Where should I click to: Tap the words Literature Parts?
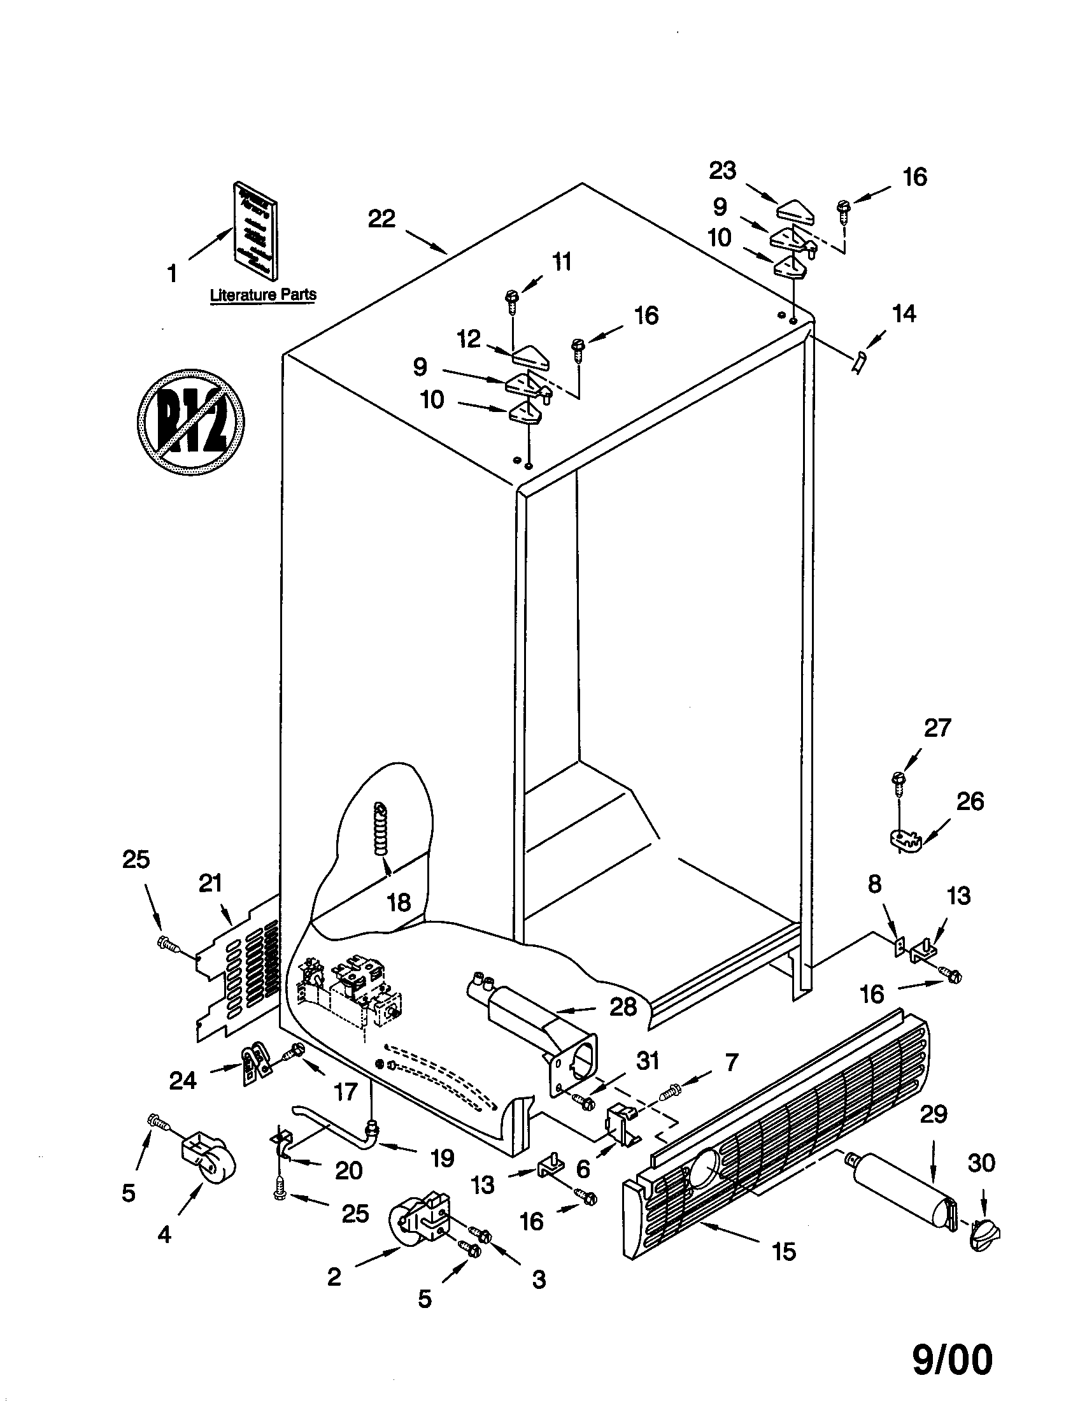click(263, 295)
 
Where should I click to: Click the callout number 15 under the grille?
click(784, 1269)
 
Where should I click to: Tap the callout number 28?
click(623, 1006)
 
